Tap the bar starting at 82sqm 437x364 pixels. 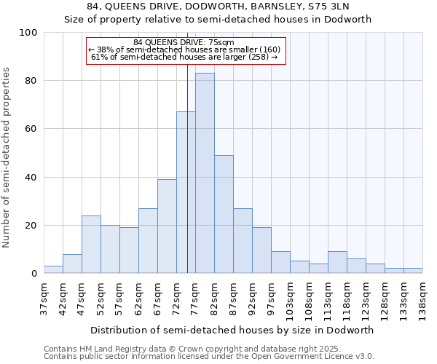[224, 214]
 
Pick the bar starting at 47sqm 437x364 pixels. [91, 245]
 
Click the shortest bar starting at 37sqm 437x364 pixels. [53, 269]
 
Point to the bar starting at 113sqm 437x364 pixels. [337, 262]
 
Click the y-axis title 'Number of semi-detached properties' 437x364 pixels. [7, 157]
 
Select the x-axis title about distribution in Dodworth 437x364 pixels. [232, 330]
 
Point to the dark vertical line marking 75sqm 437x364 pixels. [187, 182]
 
